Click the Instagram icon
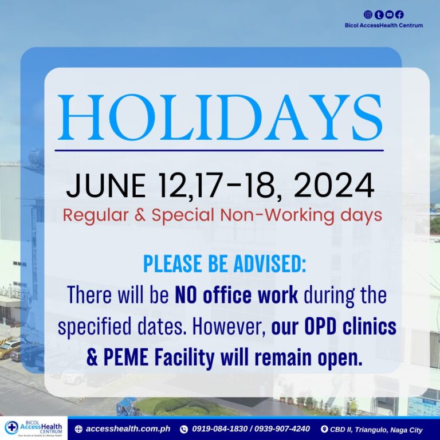click(368, 14)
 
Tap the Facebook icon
click(399, 14)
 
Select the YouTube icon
click(389, 14)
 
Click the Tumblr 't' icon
click(379, 14)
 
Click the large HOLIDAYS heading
click(220, 117)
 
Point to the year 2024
click(334, 186)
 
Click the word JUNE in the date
click(106, 186)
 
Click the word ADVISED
click(270, 264)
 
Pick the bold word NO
click(185, 295)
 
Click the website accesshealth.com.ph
click(128, 429)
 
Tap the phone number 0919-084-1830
click(220, 429)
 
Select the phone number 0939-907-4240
click(282, 429)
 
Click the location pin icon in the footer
click(324, 429)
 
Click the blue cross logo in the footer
click(12, 427)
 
